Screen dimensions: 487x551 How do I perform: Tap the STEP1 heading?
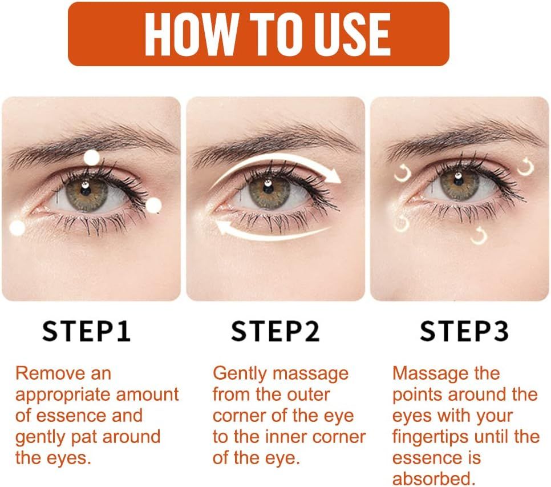pyautogui.click(x=87, y=332)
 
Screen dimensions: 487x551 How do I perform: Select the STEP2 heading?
pyautogui.click(x=275, y=332)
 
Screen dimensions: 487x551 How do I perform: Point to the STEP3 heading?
pyautogui.click(x=464, y=332)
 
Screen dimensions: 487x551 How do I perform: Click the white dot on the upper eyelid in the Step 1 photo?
pyautogui.click(x=91, y=158)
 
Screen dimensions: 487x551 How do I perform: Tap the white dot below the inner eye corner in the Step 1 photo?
pyautogui.click(x=18, y=228)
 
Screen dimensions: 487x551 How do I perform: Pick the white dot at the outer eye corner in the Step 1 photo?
pyautogui.click(x=153, y=206)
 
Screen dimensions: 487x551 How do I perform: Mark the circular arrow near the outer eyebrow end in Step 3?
pyautogui.click(x=525, y=167)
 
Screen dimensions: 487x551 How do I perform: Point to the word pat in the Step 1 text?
pyautogui.click(x=98, y=437)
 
